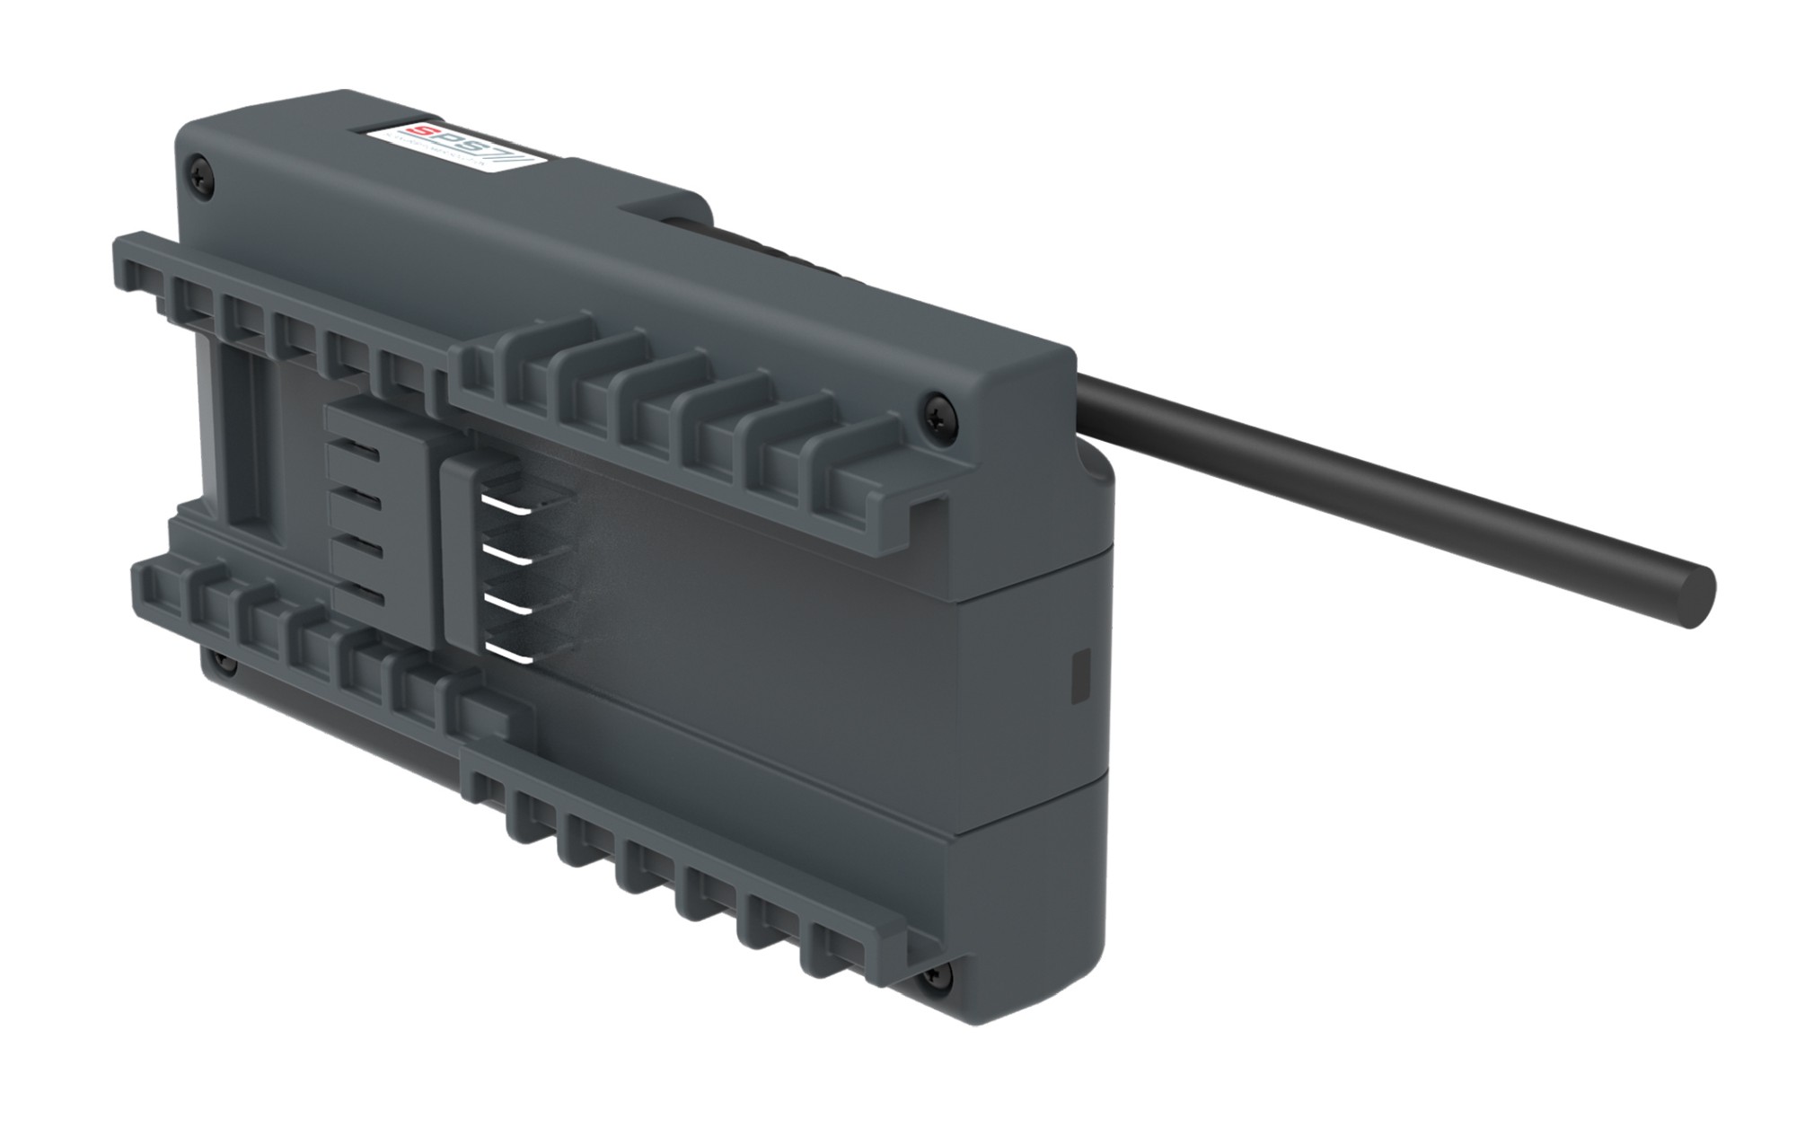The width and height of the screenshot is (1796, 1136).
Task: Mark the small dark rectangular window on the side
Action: pos(1079,675)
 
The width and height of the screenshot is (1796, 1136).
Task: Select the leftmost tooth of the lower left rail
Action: pos(153,584)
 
